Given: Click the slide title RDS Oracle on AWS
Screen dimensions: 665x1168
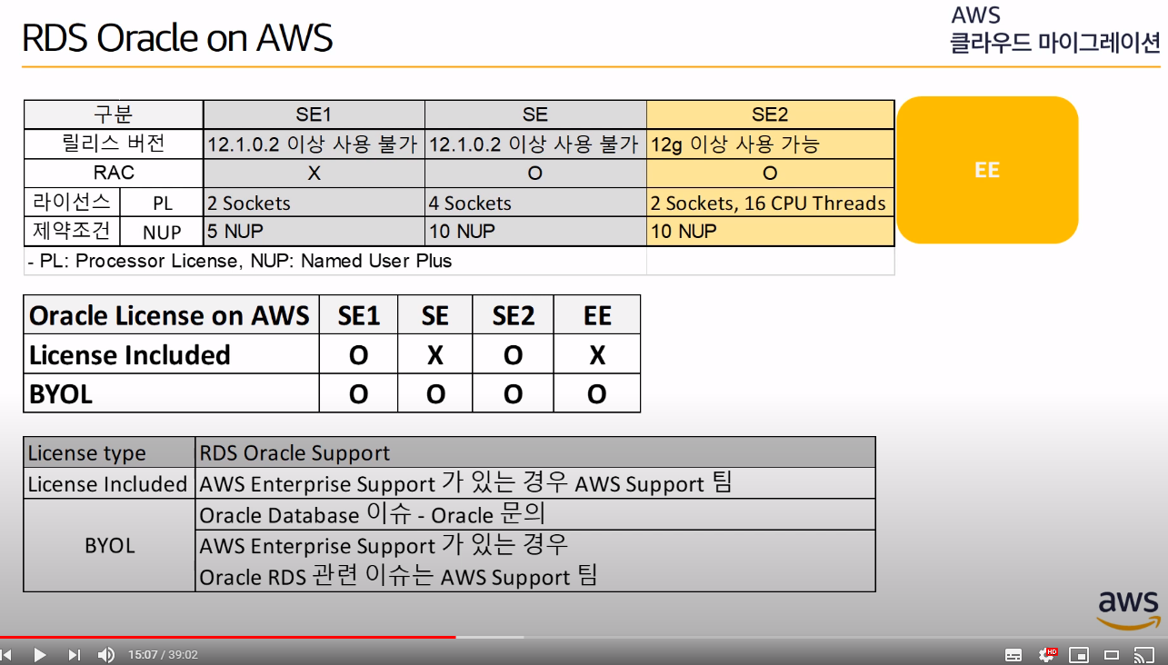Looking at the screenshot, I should click(177, 38).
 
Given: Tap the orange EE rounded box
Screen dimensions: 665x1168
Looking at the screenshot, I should click(987, 170).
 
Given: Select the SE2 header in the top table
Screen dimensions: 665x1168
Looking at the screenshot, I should click(770, 114).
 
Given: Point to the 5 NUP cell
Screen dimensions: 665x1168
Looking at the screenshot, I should click(314, 232).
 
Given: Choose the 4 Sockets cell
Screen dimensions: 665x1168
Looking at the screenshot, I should click(534, 203).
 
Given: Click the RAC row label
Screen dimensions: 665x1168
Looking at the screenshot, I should click(114, 173).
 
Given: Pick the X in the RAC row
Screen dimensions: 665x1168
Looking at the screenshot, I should click(314, 173).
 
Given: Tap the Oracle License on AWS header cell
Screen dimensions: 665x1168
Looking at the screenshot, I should click(170, 315).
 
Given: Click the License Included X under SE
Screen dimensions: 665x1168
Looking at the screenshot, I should click(435, 355).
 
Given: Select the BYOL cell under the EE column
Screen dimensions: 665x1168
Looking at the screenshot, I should click(597, 394).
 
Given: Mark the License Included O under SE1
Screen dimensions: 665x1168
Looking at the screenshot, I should click(359, 355).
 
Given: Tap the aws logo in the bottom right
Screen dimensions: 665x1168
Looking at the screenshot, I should click(1128, 610).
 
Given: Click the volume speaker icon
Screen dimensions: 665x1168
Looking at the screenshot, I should click(106, 655).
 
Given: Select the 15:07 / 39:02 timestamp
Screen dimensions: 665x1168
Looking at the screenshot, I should click(163, 655).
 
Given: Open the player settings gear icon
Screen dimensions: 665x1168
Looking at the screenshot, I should click(1047, 655).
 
